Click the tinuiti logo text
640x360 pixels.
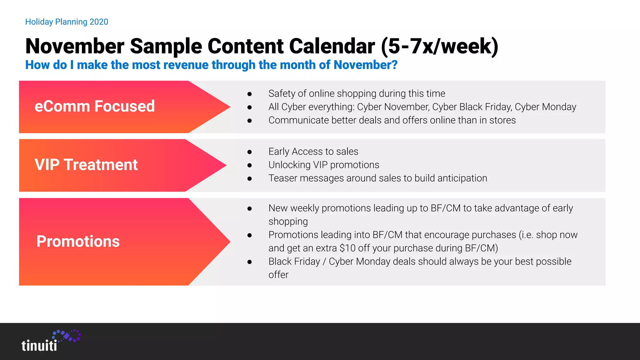pyautogui.click(x=39, y=346)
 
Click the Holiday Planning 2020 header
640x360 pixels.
pyautogui.click(x=67, y=22)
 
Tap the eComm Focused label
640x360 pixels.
pyautogui.click(x=94, y=106)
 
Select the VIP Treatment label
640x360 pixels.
pyautogui.click(x=86, y=165)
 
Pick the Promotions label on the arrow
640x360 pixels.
pyautogui.click(x=78, y=241)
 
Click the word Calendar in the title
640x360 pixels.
pyautogui.click(x=332, y=46)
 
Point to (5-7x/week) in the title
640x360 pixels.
pyautogui.click(x=439, y=46)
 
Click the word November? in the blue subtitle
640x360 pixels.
pyautogui.click(x=365, y=65)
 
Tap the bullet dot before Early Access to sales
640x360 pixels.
pyautogui.click(x=249, y=152)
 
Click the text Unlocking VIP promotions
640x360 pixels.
pyautogui.click(x=324, y=165)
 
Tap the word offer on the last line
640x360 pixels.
pyautogui.click(x=278, y=275)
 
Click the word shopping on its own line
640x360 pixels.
pyautogui.click(x=288, y=222)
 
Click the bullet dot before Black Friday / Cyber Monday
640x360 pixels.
pyautogui.click(x=249, y=262)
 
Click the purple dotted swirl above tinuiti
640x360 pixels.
pyautogui.click(x=67, y=336)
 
